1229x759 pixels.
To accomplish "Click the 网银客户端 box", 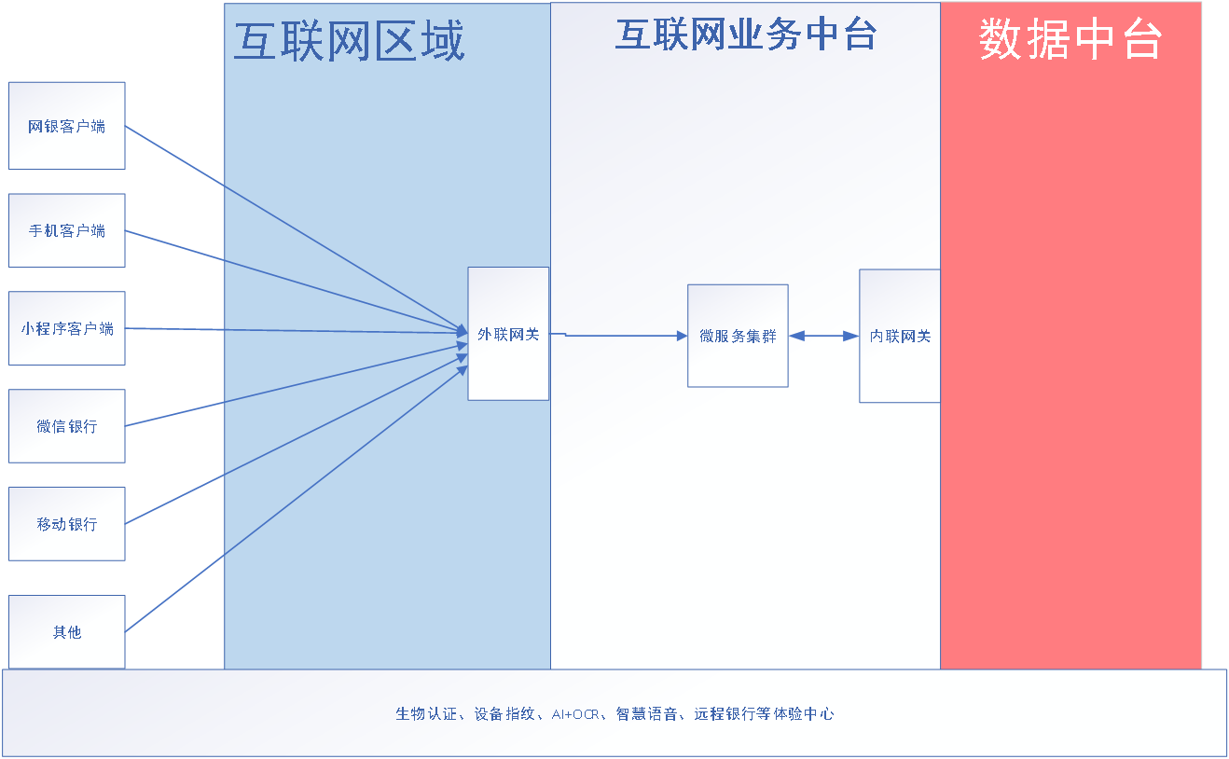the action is [67, 126].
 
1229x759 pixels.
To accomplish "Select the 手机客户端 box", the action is [67, 230].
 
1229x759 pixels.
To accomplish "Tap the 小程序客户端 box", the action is [67, 328].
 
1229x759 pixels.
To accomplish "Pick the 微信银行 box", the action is [67, 426].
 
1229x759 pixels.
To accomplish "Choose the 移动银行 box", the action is [67, 524].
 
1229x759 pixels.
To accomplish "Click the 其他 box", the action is [67, 631].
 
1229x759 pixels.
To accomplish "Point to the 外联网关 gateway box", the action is [508, 334].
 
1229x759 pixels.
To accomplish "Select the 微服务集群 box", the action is [738, 336].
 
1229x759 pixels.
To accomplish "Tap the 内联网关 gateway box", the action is [900, 336].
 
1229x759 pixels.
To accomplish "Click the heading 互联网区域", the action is [350, 41].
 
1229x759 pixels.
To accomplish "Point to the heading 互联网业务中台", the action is [746, 34].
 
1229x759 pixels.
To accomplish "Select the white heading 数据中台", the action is [1070, 38].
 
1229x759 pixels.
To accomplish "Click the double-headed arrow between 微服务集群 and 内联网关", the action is [823, 336].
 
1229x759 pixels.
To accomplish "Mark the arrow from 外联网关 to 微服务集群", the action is [618, 335].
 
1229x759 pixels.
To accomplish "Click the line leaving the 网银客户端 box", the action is [297, 228].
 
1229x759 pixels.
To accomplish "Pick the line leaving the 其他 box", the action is [297, 500].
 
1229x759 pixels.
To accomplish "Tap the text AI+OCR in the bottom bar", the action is [575, 714].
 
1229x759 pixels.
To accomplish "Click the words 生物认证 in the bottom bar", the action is [426, 713].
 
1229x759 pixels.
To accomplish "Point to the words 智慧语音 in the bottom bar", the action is [646, 713].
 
